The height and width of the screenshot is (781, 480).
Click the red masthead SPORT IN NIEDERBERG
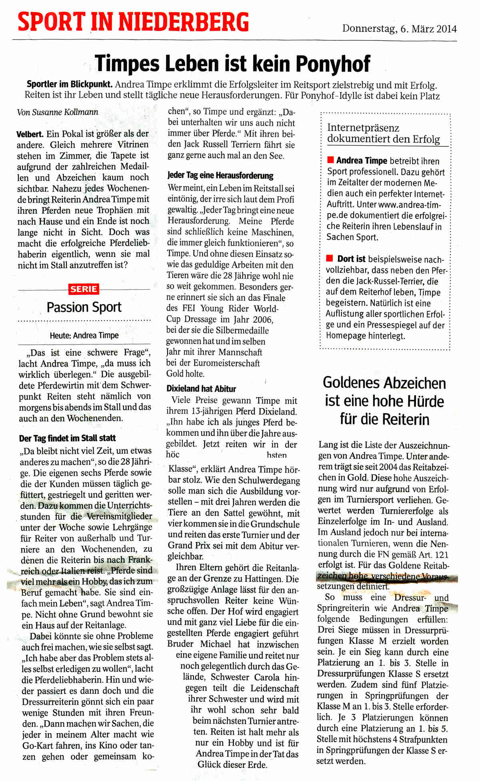(133, 22)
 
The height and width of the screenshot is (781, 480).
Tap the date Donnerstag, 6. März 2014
(399, 29)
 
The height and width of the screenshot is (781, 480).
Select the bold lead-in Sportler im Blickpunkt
(69, 84)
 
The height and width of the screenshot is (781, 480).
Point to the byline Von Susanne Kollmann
(57, 112)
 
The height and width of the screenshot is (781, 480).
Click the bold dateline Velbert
(30, 134)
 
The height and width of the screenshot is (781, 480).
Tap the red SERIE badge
(84, 289)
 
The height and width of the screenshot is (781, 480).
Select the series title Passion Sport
(84, 307)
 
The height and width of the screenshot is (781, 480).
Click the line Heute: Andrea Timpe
(84, 335)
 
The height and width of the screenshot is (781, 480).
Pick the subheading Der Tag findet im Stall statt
(67, 438)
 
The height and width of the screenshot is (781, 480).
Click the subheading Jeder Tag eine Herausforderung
(220, 175)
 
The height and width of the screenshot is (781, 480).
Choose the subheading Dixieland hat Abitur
(201, 388)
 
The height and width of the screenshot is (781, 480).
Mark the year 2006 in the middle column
(262, 320)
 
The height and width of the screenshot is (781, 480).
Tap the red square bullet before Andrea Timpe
(330, 160)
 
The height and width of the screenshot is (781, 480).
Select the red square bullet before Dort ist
(330, 258)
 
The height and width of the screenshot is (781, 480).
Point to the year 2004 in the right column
(388, 467)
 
